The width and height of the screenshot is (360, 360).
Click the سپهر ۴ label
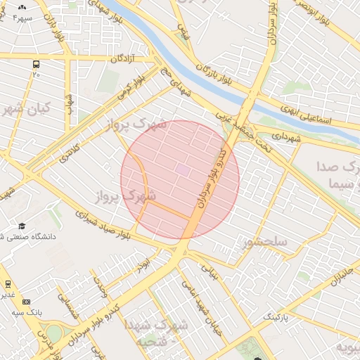[15, 16]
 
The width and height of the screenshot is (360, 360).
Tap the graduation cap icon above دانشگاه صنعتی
[22, 226]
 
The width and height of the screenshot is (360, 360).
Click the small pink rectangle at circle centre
[182, 170]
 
